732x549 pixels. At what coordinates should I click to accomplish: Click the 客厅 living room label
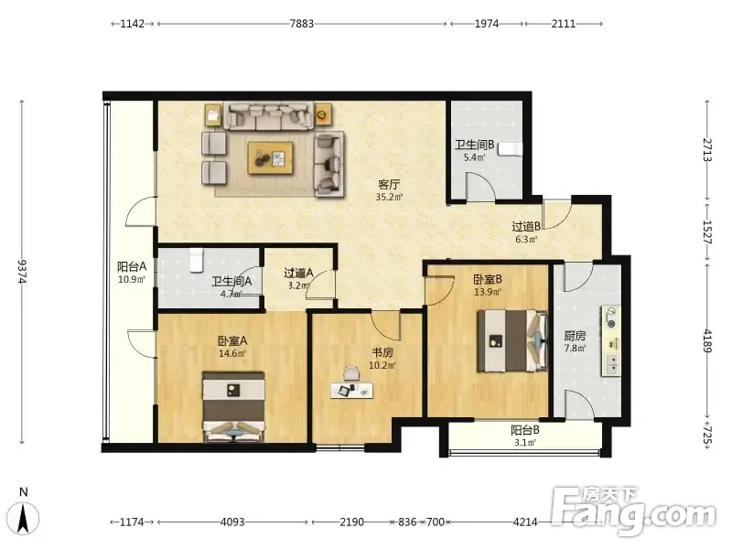(388, 185)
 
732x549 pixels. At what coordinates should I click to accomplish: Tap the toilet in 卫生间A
(197, 260)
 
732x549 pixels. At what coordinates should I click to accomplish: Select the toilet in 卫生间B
(510, 149)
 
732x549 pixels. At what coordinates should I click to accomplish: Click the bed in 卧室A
(234, 406)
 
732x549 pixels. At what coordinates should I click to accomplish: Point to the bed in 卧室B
(512, 340)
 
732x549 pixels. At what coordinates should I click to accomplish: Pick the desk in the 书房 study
(352, 391)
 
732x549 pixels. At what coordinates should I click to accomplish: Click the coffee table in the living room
(271, 158)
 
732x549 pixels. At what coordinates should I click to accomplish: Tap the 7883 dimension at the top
(302, 24)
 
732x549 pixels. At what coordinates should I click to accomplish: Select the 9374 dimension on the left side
(22, 272)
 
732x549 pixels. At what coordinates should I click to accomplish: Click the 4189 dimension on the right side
(707, 340)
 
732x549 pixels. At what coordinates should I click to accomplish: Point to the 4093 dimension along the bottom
(232, 522)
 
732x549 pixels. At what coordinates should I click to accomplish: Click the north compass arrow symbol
(25, 519)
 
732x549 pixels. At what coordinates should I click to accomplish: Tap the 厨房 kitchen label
(575, 336)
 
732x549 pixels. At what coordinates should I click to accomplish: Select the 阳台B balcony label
(525, 430)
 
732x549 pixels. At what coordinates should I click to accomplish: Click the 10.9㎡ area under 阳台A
(132, 280)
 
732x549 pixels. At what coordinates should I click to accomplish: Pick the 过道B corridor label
(526, 227)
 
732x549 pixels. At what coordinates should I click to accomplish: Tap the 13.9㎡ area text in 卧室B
(488, 292)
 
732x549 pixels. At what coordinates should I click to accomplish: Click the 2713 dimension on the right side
(707, 150)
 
